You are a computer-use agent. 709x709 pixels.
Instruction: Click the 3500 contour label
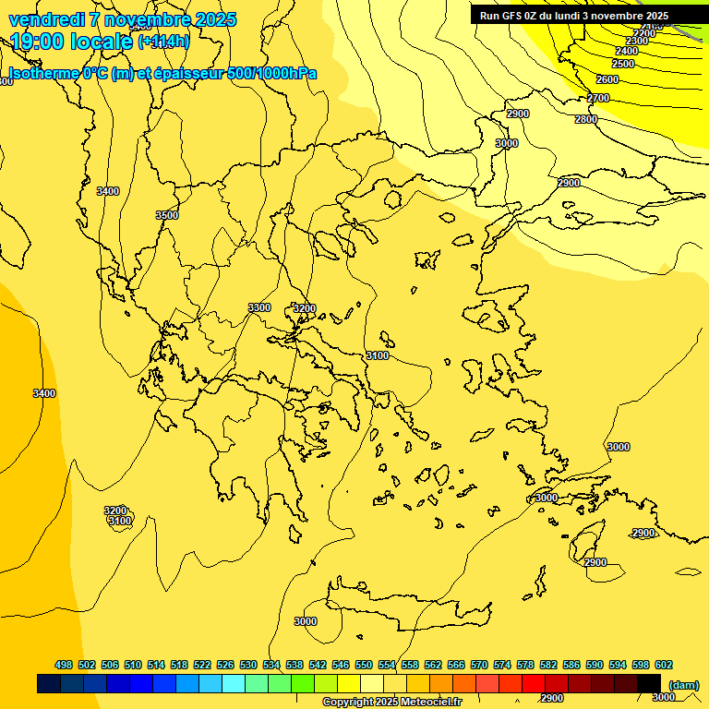(x=167, y=215)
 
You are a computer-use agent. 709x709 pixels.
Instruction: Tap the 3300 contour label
(x=259, y=307)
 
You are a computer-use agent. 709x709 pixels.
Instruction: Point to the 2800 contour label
(x=585, y=119)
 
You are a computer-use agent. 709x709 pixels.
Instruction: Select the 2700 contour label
(x=598, y=98)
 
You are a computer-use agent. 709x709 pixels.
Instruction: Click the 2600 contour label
(x=607, y=79)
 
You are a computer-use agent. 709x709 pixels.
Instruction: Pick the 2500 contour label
(x=623, y=64)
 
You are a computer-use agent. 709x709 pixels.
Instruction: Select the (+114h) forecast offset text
(x=163, y=42)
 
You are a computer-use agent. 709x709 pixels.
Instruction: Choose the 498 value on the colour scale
(x=64, y=665)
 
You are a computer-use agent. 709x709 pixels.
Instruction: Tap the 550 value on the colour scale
(x=364, y=665)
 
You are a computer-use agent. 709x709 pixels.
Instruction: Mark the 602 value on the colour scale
(x=664, y=665)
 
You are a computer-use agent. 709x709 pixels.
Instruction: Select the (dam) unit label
(x=683, y=684)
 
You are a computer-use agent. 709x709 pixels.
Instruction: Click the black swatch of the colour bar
(x=649, y=683)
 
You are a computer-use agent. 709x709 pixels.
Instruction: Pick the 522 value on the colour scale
(x=202, y=665)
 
